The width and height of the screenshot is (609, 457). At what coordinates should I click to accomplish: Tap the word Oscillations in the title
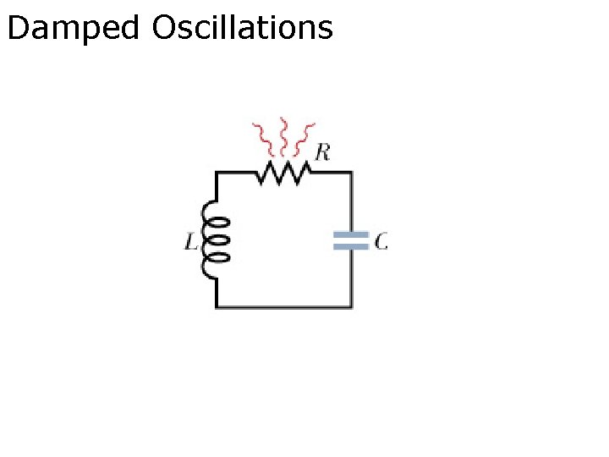(x=243, y=29)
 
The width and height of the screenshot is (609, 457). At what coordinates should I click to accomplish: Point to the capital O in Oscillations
(x=165, y=28)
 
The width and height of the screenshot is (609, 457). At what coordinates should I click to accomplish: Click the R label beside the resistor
(x=322, y=152)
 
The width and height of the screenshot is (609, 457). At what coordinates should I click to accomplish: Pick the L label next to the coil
(x=191, y=242)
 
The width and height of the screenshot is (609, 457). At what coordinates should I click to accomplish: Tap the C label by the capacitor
(x=381, y=242)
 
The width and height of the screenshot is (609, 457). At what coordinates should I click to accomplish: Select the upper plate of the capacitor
(x=351, y=235)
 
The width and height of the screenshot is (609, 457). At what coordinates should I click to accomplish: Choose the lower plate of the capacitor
(x=351, y=246)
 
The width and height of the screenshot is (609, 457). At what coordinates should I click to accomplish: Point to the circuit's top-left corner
(x=217, y=173)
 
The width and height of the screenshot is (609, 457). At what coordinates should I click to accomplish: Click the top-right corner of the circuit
(x=351, y=173)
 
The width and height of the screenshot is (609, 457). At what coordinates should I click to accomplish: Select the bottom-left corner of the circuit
(x=217, y=306)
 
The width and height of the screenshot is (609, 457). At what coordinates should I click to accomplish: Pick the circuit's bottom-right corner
(x=351, y=306)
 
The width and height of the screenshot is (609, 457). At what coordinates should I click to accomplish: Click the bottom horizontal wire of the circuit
(x=283, y=306)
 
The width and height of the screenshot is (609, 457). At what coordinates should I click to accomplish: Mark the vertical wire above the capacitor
(x=351, y=203)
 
